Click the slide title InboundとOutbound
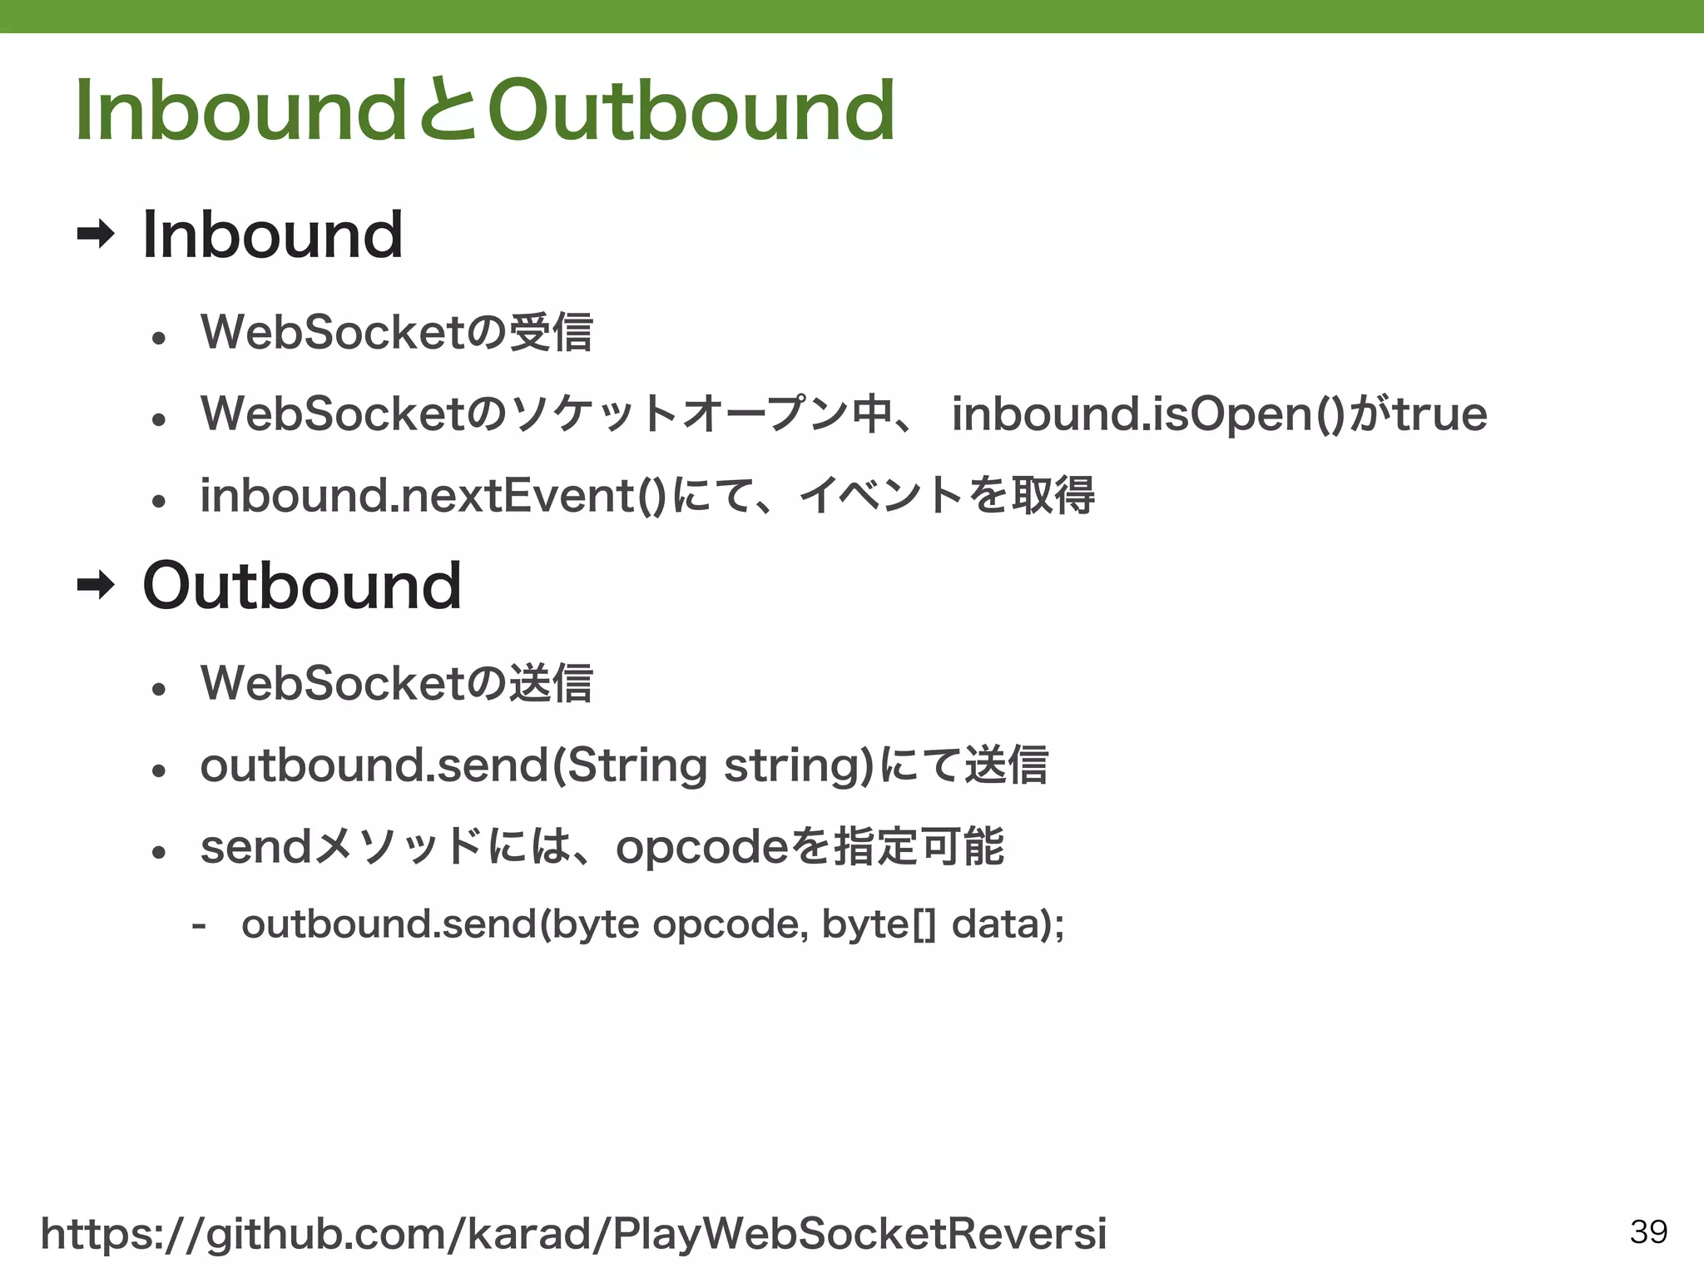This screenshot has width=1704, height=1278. click(x=484, y=111)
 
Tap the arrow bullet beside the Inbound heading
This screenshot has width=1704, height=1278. click(x=95, y=235)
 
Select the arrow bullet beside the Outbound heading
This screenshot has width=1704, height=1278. click(x=95, y=586)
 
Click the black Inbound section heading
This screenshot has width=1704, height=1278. click(x=273, y=235)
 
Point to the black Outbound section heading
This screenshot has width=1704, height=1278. click(x=302, y=586)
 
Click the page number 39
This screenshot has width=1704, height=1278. click(x=1648, y=1231)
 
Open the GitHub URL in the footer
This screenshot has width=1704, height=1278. click(x=573, y=1233)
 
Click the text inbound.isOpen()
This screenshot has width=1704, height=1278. click(x=1148, y=414)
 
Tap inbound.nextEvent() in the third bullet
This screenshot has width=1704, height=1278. click(x=433, y=496)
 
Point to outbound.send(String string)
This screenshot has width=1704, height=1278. click(x=537, y=765)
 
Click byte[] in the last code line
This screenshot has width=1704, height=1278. click(x=879, y=924)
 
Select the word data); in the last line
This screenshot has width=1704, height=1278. click(x=1008, y=924)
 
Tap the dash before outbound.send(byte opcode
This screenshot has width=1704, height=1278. click(x=199, y=924)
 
